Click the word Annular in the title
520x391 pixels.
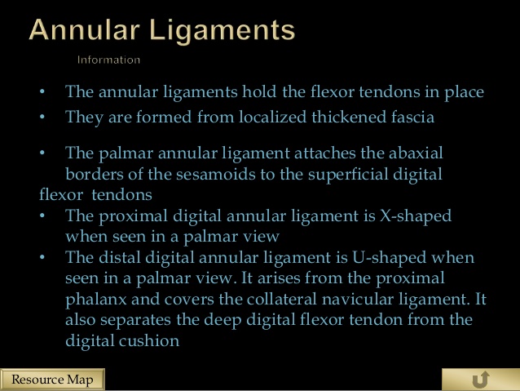84,30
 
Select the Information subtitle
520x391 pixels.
108,60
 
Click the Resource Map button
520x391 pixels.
52,380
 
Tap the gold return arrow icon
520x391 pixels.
481,380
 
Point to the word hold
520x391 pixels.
259,91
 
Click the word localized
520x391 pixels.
272,117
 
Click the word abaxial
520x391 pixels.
416,153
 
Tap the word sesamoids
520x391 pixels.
215,175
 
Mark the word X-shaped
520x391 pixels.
416,216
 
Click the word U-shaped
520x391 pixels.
389,258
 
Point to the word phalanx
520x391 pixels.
96,300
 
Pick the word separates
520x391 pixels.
135,321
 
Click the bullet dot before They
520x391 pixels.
42,117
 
